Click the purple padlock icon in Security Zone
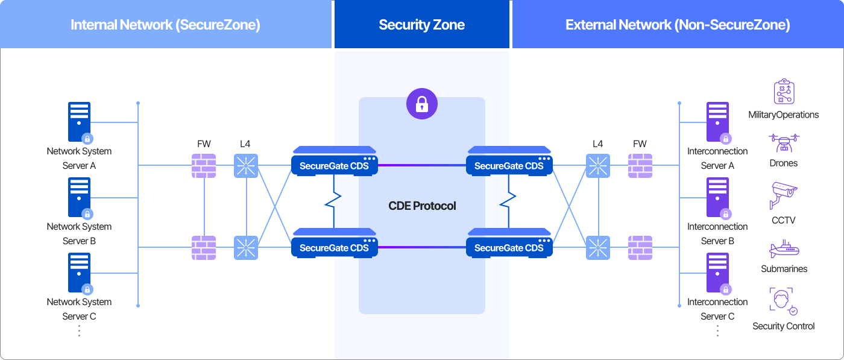pos(421,104)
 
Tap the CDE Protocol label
pos(422,206)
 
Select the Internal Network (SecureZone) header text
pos(165,25)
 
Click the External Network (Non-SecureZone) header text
pos(678,25)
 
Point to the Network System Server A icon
pos(80,122)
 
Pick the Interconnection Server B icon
pos(717,198)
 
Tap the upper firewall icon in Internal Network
pos(204,165)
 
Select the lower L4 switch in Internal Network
pos(246,247)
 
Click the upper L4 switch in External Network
pos(597,165)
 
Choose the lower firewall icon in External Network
pos(640,247)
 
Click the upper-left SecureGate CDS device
pos(334,162)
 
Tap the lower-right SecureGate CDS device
pos(509,244)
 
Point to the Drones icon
pos(783,144)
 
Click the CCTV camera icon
pos(783,195)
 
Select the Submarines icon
pos(783,250)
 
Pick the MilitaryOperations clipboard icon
pos(783,92)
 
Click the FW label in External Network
pos(640,144)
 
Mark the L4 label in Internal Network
pos(245,144)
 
